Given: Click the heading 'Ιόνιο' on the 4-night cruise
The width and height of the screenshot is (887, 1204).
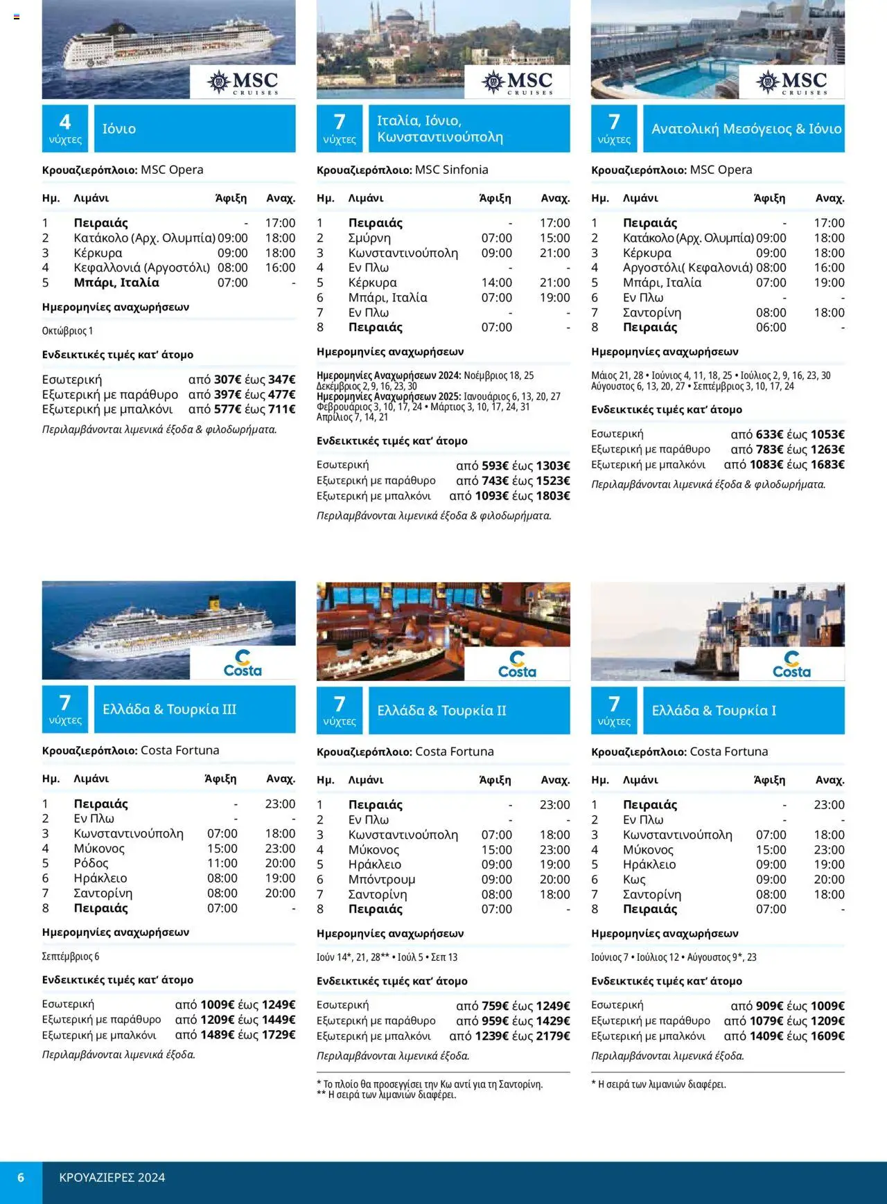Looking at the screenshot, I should [x=119, y=129].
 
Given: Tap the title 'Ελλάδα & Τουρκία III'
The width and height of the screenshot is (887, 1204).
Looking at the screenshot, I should [x=169, y=709].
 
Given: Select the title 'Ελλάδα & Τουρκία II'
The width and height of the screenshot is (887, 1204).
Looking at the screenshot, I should [x=441, y=711].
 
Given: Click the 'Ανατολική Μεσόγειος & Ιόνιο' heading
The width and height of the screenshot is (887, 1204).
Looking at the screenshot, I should [x=746, y=129].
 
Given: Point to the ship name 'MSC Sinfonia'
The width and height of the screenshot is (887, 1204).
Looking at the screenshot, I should [x=451, y=170].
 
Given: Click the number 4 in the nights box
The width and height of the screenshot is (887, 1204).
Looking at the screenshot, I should [x=65, y=123].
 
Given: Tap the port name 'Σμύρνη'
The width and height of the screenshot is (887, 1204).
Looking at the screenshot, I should [x=369, y=238].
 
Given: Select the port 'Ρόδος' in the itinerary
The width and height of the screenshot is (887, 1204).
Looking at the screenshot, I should [x=91, y=863].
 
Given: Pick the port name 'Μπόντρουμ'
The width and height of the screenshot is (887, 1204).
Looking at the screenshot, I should [x=382, y=880].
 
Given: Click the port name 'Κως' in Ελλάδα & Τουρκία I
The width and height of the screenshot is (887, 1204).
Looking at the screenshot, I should [x=634, y=880].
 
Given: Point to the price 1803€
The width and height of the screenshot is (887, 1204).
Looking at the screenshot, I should [x=552, y=496].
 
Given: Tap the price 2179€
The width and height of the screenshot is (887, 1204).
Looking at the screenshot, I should [x=552, y=1036].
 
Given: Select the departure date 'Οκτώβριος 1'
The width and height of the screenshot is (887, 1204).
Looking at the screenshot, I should [x=67, y=331].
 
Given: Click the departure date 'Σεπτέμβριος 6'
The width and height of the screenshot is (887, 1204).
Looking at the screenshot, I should [x=71, y=957].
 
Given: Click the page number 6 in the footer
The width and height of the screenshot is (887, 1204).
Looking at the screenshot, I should [x=21, y=1178].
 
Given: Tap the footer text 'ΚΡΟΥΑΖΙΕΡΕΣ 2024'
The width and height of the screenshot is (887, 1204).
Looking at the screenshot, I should [x=112, y=1178].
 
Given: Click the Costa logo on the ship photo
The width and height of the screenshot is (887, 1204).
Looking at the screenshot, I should [x=243, y=663].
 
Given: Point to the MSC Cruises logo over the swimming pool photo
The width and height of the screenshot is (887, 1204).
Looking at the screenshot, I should [x=792, y=82].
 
